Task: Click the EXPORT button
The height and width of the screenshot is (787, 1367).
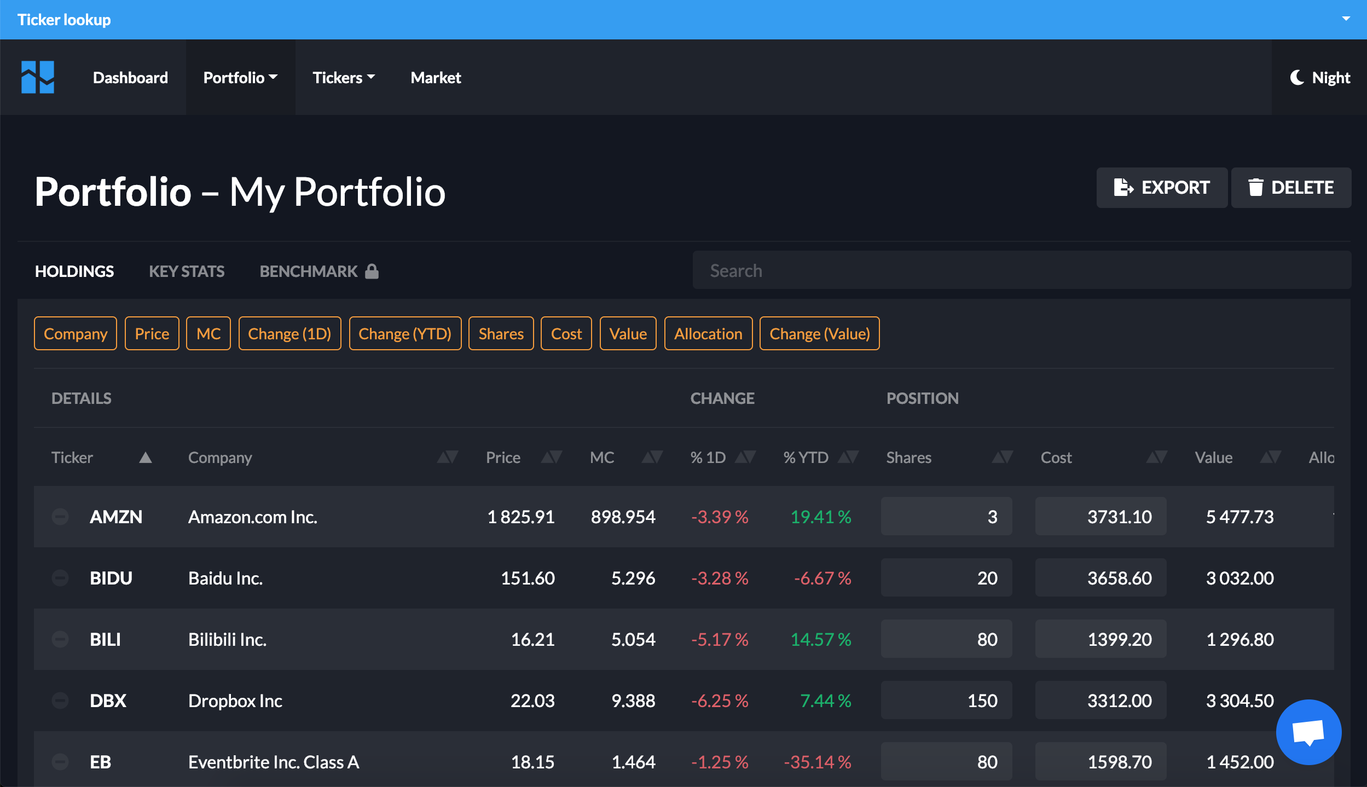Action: coord(1161,188)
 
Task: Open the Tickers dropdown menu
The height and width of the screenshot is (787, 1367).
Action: coord(343,78)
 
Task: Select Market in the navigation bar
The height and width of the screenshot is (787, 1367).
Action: coord(436,78)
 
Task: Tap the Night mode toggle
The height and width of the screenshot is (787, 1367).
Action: coord(1319,78)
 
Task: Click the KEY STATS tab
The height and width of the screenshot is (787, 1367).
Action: coord(187,271)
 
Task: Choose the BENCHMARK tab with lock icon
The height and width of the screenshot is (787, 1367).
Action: coord(318,271)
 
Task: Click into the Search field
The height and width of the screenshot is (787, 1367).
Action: coord(1021,270)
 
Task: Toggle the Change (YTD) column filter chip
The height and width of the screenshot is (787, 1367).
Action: coord(404,334)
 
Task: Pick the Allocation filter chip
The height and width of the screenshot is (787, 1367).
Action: coord(708,334)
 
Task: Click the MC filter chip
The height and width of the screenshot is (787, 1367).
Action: coord(208,334)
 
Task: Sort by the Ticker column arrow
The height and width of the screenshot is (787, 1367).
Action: coord(145,458)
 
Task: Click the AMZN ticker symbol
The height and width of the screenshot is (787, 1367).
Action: coord(116,517)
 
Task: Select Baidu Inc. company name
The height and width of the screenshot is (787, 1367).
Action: coord(225,578)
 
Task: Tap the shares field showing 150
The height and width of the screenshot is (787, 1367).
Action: coord(946,701)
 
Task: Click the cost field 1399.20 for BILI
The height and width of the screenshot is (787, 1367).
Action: coord(1100,639)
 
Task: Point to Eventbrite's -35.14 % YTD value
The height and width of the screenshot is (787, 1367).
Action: coord(817,762)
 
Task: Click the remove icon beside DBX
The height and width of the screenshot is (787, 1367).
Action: coord(60,700)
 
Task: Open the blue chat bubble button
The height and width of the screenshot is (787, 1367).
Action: coord(1308,732)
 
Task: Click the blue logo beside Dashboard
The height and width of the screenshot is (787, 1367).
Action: coord(38,77)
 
